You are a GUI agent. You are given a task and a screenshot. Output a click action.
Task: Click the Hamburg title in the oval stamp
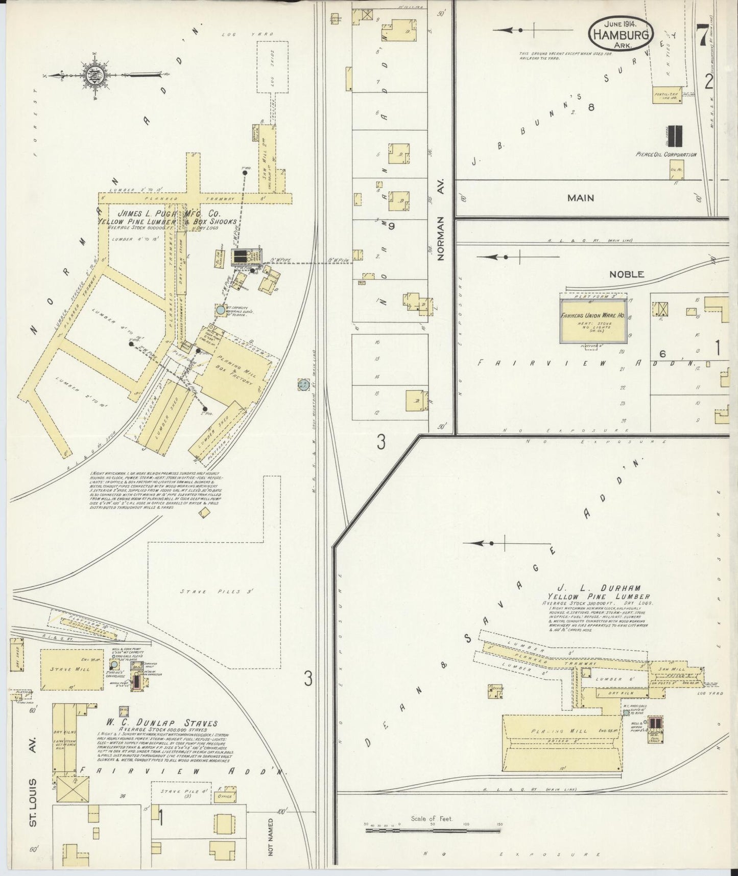621,35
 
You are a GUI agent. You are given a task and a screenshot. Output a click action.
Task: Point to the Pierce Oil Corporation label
666,154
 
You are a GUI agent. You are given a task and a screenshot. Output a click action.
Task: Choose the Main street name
581,198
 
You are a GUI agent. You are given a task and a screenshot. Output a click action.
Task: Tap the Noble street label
626,274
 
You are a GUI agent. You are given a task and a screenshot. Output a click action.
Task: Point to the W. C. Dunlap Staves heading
161,723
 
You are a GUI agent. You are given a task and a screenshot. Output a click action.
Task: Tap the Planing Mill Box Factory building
234,370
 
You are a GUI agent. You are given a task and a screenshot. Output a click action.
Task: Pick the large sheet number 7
702,37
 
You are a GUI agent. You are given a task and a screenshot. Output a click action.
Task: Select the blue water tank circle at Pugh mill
220,310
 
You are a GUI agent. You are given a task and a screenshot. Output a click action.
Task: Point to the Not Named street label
271,838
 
